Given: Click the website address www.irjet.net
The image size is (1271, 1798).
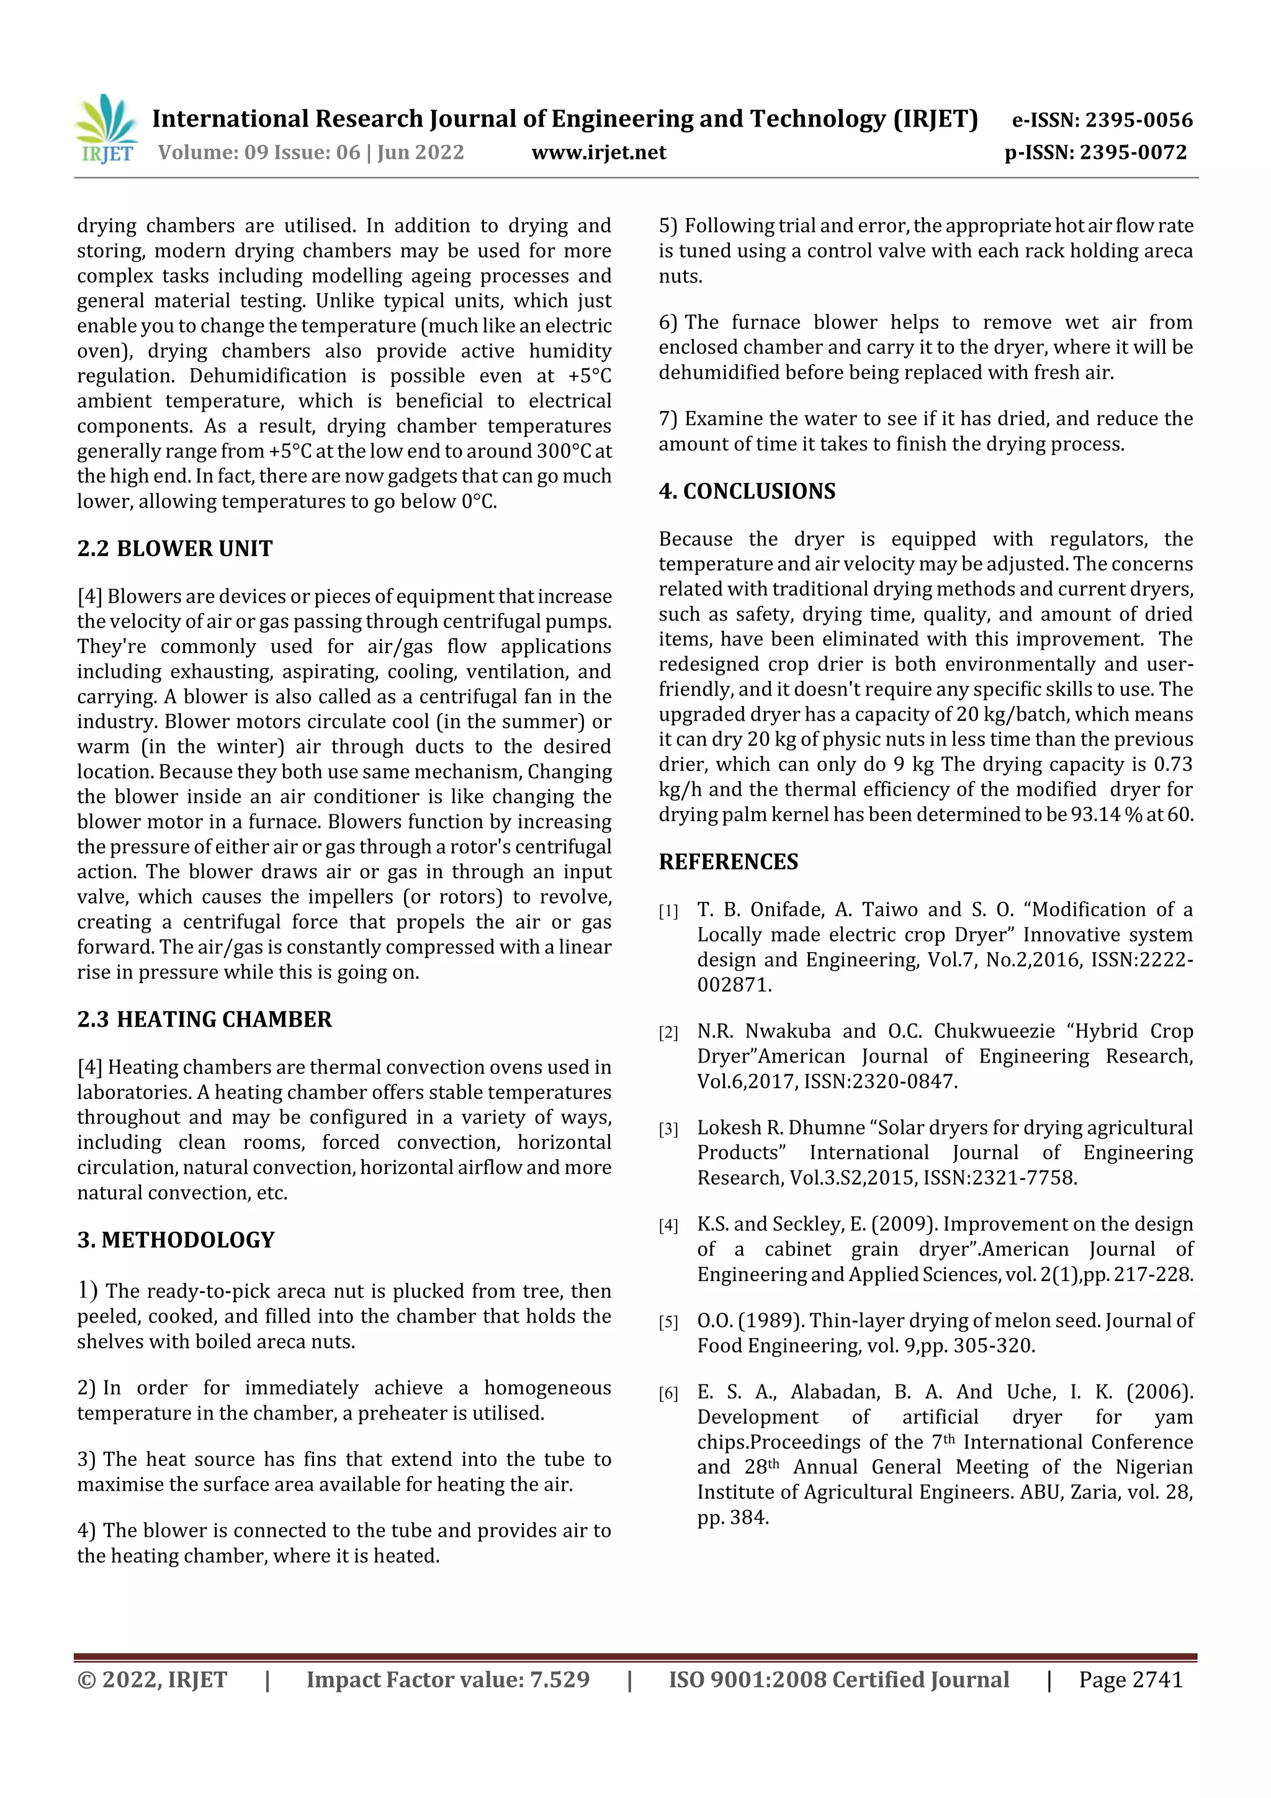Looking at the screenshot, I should click(598, 153).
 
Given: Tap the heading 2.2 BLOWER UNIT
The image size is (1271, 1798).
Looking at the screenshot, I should click(174, 548).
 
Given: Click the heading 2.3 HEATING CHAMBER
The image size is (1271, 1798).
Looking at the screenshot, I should click(204, 1019).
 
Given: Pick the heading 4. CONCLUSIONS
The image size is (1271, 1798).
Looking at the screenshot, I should click(747, 491).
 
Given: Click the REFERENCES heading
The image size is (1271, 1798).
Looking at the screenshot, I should click(729, 861).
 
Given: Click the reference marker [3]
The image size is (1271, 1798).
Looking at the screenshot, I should click(668, 1129).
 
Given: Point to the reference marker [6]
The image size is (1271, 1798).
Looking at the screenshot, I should click(668, 1394).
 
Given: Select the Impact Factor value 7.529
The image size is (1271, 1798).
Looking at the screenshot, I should click(559, 1679).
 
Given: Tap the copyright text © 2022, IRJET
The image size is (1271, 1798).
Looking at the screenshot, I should click(152, 1679).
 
